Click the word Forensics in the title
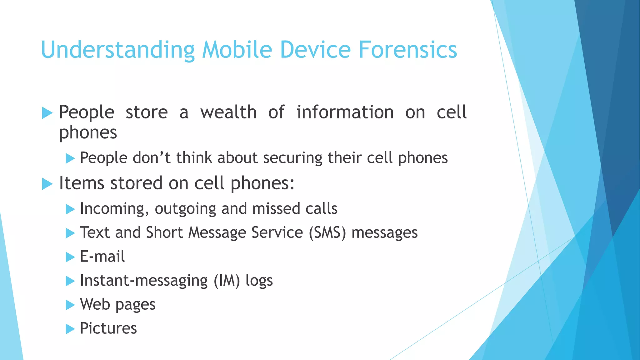click(407, 50)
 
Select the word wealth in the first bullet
click(228, 112)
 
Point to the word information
click(345, 112)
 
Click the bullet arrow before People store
click(47, 113)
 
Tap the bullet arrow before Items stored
click(47, 184)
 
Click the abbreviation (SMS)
click(327, 233)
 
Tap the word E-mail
click(102, 257)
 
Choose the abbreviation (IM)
click(227, 281)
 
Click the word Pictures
click(108, 328)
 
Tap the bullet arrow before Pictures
click(70, 329)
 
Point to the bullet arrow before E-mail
click(70, 257)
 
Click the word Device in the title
click(315, 50)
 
